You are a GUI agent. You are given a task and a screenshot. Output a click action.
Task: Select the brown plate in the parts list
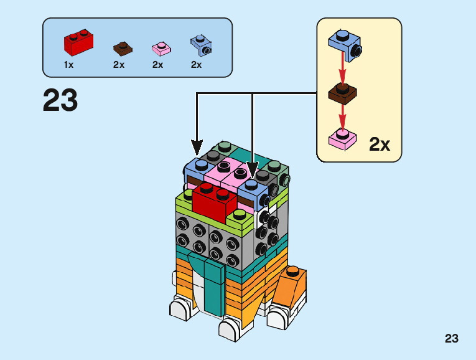point(123,48)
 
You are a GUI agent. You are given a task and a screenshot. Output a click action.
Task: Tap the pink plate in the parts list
point(161,49)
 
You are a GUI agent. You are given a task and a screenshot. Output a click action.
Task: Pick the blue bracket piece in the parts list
point(200,45)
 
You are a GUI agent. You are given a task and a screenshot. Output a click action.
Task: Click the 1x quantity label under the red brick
point(68,65)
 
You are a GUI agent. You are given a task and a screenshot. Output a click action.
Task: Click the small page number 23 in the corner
point(452,339)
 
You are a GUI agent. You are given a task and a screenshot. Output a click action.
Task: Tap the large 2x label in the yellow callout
point(380,144)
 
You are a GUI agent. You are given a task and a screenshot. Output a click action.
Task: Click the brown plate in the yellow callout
point(343,93)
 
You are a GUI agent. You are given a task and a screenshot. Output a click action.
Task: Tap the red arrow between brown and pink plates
point(342,116)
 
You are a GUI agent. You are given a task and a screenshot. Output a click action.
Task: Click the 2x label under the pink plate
point(157,65)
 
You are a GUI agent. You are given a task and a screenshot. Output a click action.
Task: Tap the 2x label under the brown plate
point(119,65)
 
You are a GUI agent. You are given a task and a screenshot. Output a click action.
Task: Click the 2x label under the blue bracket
point(197,65)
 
